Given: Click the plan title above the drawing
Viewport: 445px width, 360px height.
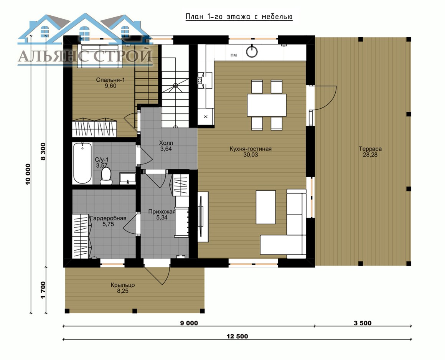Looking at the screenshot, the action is click(x=239, y=17).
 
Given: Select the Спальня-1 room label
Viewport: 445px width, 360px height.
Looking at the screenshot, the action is click(x=110, y=80).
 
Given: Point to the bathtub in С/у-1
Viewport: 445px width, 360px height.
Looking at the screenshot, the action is click(x=82, y=163).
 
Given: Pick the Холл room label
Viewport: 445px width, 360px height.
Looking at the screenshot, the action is click(x=166, y=143).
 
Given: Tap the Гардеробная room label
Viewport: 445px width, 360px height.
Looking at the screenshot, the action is click(x=108, y=218).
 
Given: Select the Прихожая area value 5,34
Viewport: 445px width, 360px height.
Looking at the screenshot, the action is click(x=162, y=218).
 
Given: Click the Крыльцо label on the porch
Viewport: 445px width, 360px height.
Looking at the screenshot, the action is click(x=123, y=285).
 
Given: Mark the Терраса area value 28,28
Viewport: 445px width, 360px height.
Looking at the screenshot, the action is click(x=370, y=155).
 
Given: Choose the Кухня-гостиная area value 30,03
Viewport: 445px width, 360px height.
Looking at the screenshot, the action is click(x=251, y=155).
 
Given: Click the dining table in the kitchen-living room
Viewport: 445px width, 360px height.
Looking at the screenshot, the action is click(x=267, y=105).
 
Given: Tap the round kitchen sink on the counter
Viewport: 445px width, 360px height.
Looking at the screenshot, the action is click(x=252, y=51).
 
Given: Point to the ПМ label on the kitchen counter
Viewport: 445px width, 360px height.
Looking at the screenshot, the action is click(x=234, y=55).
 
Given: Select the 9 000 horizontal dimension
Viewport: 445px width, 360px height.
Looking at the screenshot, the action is click(x=189, y=323).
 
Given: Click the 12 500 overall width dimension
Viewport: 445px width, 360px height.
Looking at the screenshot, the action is click(x=237, y=337).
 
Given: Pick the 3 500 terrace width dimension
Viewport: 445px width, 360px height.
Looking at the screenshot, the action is click(x=363, y=323).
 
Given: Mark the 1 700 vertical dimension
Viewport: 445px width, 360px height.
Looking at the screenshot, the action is click(x=43, y=290).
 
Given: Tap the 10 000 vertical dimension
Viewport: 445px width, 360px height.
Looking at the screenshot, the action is click(x=28, y=174).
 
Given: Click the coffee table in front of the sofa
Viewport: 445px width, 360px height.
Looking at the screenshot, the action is click(x=265, y=207).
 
